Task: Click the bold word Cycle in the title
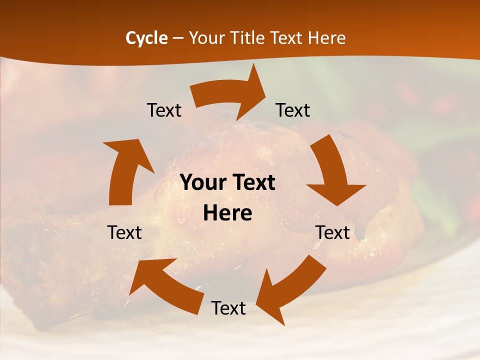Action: click(x=146, y=38)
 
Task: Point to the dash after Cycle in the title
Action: click(x=178, y=38)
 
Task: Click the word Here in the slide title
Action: click(x=327, y=38)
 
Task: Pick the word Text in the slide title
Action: click(x=287, y=38)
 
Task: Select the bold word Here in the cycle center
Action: click(x=227, y=213)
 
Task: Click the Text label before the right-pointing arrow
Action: click(x=164, y=110)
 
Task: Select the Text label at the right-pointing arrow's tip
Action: click(x=293, y=110)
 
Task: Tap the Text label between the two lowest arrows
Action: click(x=228, y=308)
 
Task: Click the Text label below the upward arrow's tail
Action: click(x=124, y=232)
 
